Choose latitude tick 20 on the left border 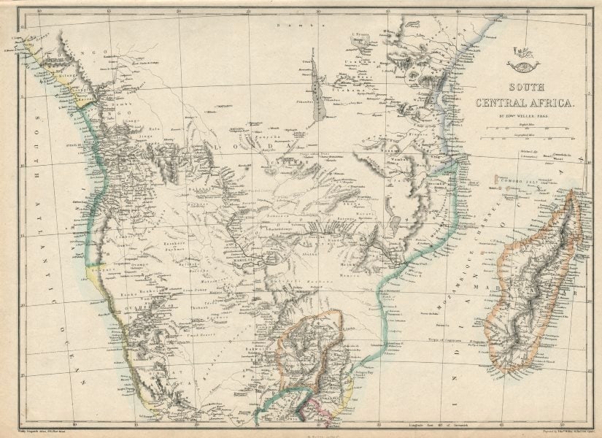22,294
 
